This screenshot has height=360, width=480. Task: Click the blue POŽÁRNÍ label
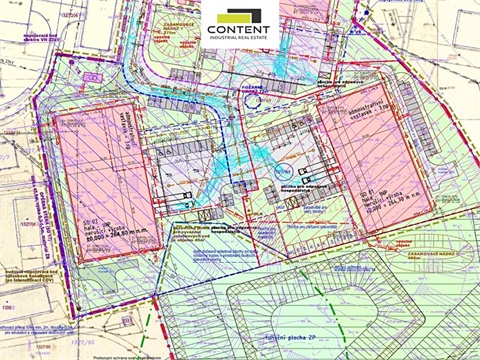pos(249,87)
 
